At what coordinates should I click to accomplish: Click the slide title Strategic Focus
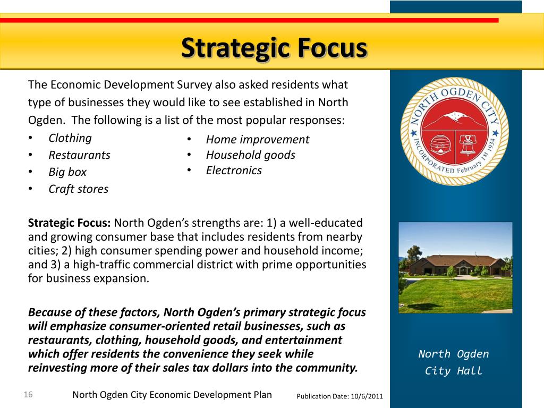pos(274,48)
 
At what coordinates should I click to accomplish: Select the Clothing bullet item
pos(70,138)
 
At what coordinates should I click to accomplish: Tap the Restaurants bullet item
pos(80,155)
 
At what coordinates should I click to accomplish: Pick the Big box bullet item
pos(67,172)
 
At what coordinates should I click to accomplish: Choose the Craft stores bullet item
pos(79,189)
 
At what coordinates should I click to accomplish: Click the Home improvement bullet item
pos(258,140)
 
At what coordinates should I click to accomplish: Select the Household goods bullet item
pos(251,155)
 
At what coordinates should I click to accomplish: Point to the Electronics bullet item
pos(234,171)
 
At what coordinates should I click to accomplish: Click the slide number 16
pos(28,395)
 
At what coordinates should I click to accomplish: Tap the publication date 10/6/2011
pos(367,396)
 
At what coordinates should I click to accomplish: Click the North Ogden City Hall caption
pos(454,362)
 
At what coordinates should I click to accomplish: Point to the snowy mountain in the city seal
pos(455,118)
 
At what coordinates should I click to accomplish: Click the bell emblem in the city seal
pos(468,145)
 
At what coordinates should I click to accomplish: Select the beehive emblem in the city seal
pos(440,144)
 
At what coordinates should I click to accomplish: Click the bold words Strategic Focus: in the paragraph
pos(70,223)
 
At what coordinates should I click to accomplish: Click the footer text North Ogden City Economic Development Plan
pos(172,395)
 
